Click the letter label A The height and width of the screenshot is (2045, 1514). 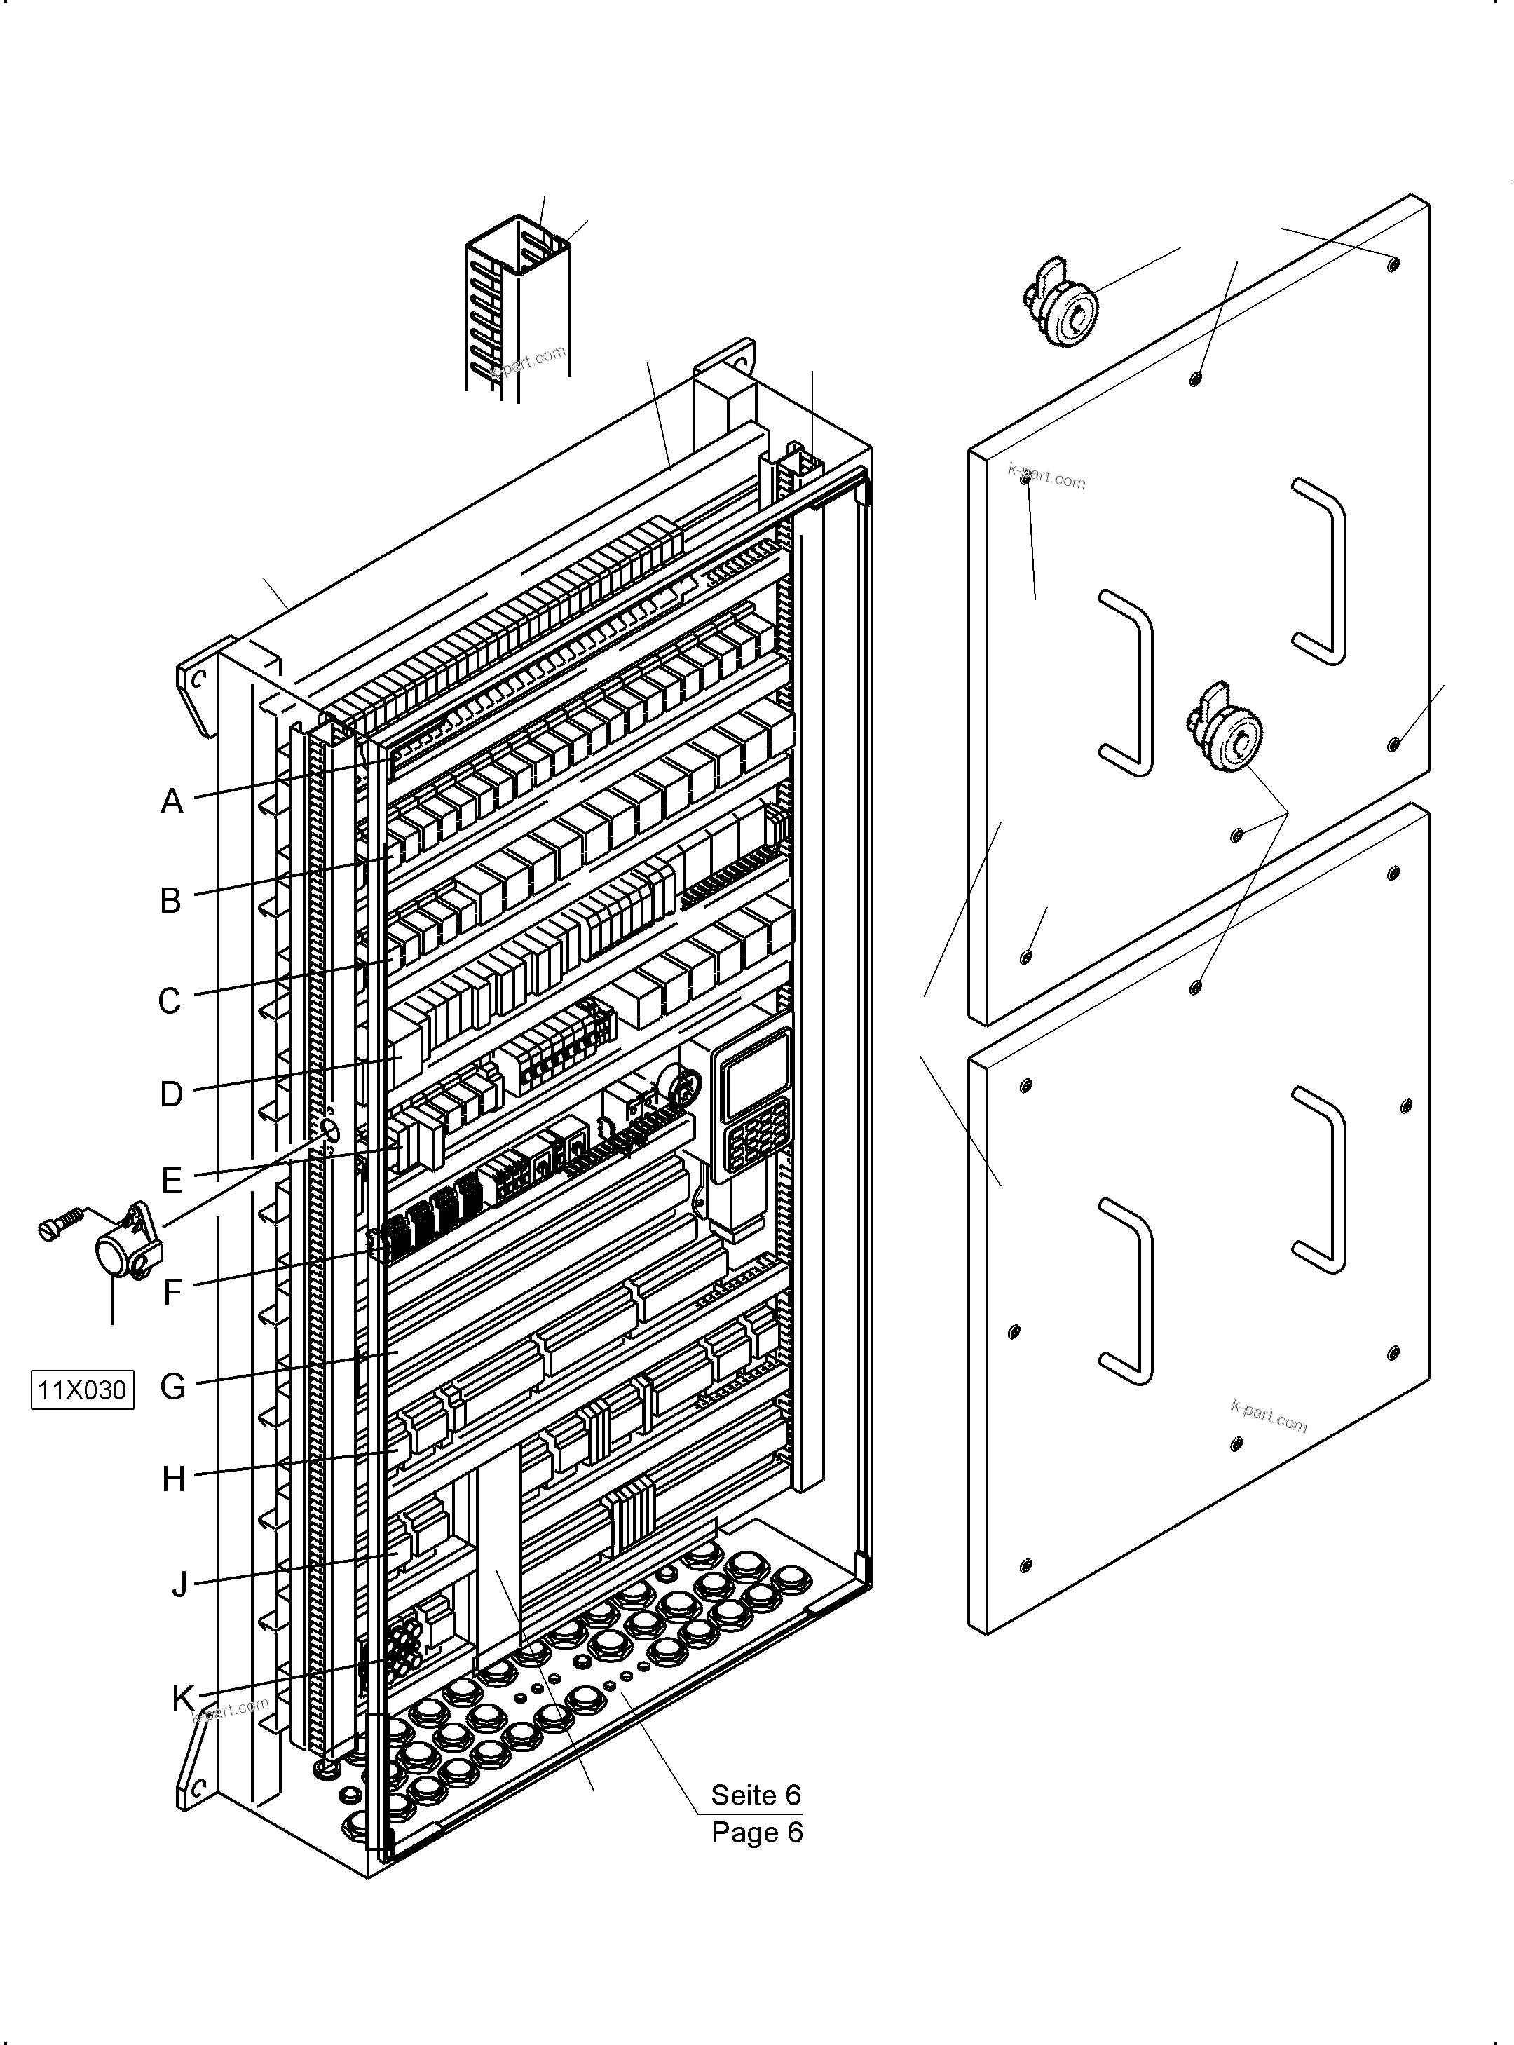click(x=172, y=802)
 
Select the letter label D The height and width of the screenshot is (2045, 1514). click(x=172, y=1094)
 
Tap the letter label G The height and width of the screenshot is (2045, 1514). click(x=172, y=1386)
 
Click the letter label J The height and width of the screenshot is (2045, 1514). click(x=179, y=1583)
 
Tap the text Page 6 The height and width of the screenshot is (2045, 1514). click(x=757, y=1833)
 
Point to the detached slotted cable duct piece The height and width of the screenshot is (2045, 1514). click(x=519, y=307)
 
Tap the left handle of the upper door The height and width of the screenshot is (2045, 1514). click(x=1127, y=681)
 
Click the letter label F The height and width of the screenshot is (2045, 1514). click(x=173, y=1293)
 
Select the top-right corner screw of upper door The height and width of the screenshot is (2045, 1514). click(x=1393, y=264)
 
